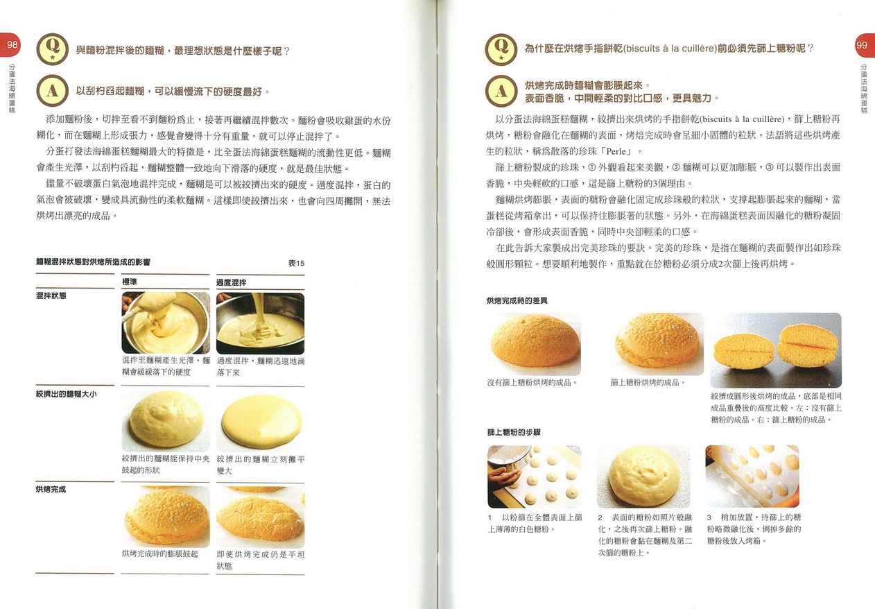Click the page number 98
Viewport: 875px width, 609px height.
[x=12, y=44]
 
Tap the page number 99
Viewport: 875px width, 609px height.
[x=861, y=45]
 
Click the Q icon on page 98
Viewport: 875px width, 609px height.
[x=52, y=49]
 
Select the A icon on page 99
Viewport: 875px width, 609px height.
[x=501, y=91]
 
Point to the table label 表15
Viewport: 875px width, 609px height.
[x=296, y=263]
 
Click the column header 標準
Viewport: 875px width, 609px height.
[x=129, y=282]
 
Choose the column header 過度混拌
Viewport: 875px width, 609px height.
[x=232, y=282]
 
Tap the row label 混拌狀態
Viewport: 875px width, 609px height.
[x=51, y=295]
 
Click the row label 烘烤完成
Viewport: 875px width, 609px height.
[x=51, y=489]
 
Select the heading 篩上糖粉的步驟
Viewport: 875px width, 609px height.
[x=514, y=432]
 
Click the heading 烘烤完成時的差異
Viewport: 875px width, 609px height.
[x=517, y=300]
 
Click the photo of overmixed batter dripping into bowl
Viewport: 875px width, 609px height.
[x=260, y=323]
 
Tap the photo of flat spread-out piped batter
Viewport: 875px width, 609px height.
[x=261, y=422]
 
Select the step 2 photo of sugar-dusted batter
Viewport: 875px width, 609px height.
[x=643, y=477]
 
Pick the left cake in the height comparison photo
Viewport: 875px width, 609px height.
[x=743, y=350]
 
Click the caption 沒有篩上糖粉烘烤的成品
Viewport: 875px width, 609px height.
[x=532, y=382]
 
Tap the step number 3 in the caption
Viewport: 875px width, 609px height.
[x=709, y=517]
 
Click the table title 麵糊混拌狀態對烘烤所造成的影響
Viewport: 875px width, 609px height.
[x=93, y=262]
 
